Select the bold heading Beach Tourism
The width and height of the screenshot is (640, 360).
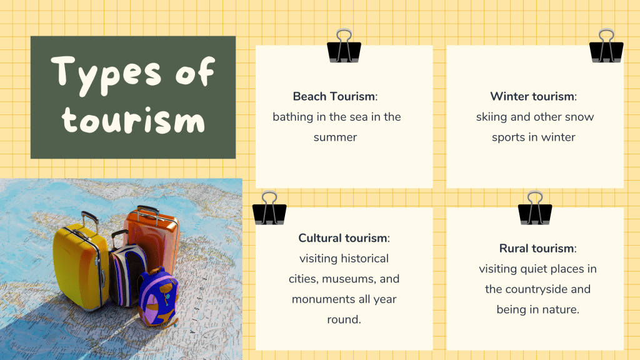[334, 96]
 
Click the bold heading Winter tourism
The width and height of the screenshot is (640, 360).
[532, 96]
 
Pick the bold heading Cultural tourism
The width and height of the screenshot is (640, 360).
[342, 238]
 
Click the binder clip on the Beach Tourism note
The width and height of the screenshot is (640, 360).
[344, 46]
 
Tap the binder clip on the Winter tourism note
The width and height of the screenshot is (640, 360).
[606, 46]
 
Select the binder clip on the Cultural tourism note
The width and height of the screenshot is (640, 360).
[269, 208]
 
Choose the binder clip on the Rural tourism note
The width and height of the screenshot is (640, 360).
[535, 208]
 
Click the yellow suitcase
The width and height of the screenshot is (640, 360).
[81, 265]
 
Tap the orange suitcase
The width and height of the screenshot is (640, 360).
[152, 241]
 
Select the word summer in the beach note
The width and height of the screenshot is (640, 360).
[335, 137]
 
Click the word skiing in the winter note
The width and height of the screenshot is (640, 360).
[491, 117]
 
